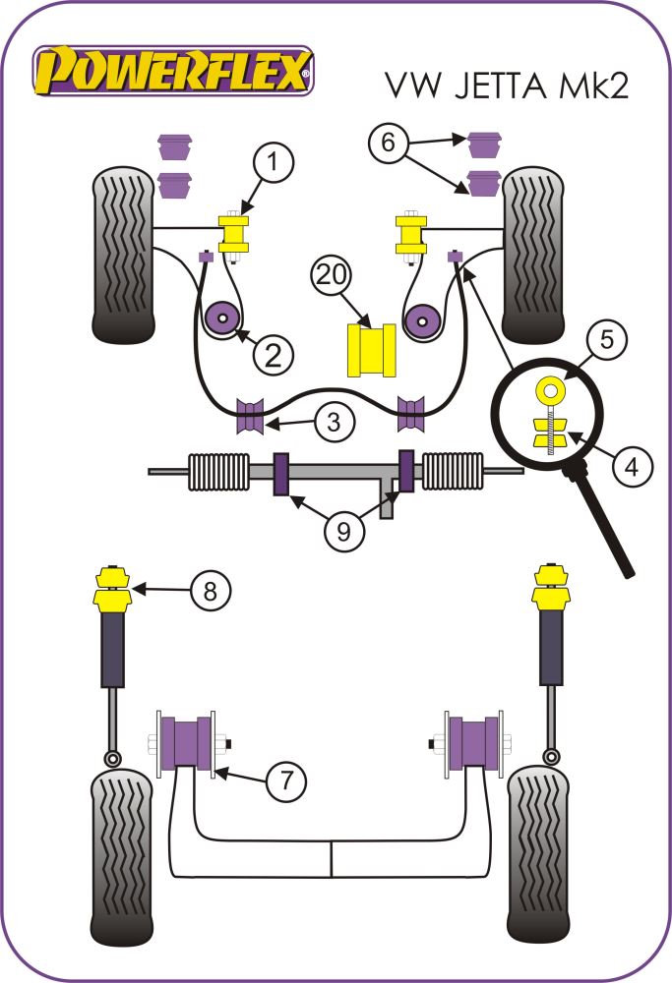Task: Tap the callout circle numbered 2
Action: point(273,353)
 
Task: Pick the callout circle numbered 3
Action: point(335,423)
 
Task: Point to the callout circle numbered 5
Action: point(607,340)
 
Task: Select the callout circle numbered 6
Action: point(390,144)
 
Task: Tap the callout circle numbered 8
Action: point(211,590)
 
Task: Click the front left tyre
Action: point(123,254)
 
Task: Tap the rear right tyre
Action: point(537,854)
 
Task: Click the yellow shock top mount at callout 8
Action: point(112,587)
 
